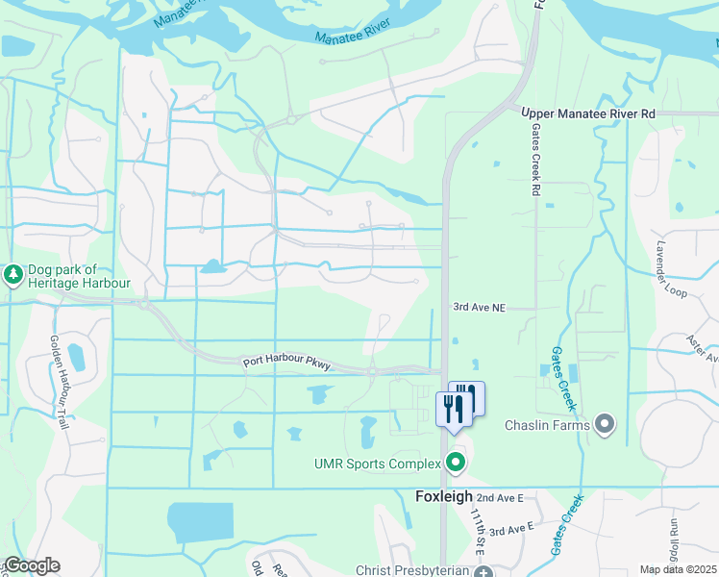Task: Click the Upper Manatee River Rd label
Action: click(x=587, y=113)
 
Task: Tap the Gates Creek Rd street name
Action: click(x=536, y=163)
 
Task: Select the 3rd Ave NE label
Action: click(x=480, y=308)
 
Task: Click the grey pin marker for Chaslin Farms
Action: click(x=604, y=423)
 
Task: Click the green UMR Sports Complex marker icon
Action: click(x=457, y=464)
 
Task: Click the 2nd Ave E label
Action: click(x=499, y=497)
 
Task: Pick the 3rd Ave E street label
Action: click(x=510, y=530)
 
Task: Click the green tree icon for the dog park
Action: click(x=12, y=276)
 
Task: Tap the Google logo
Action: click(x=32, y=565)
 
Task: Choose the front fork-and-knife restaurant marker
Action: click(x=451, y=411)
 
